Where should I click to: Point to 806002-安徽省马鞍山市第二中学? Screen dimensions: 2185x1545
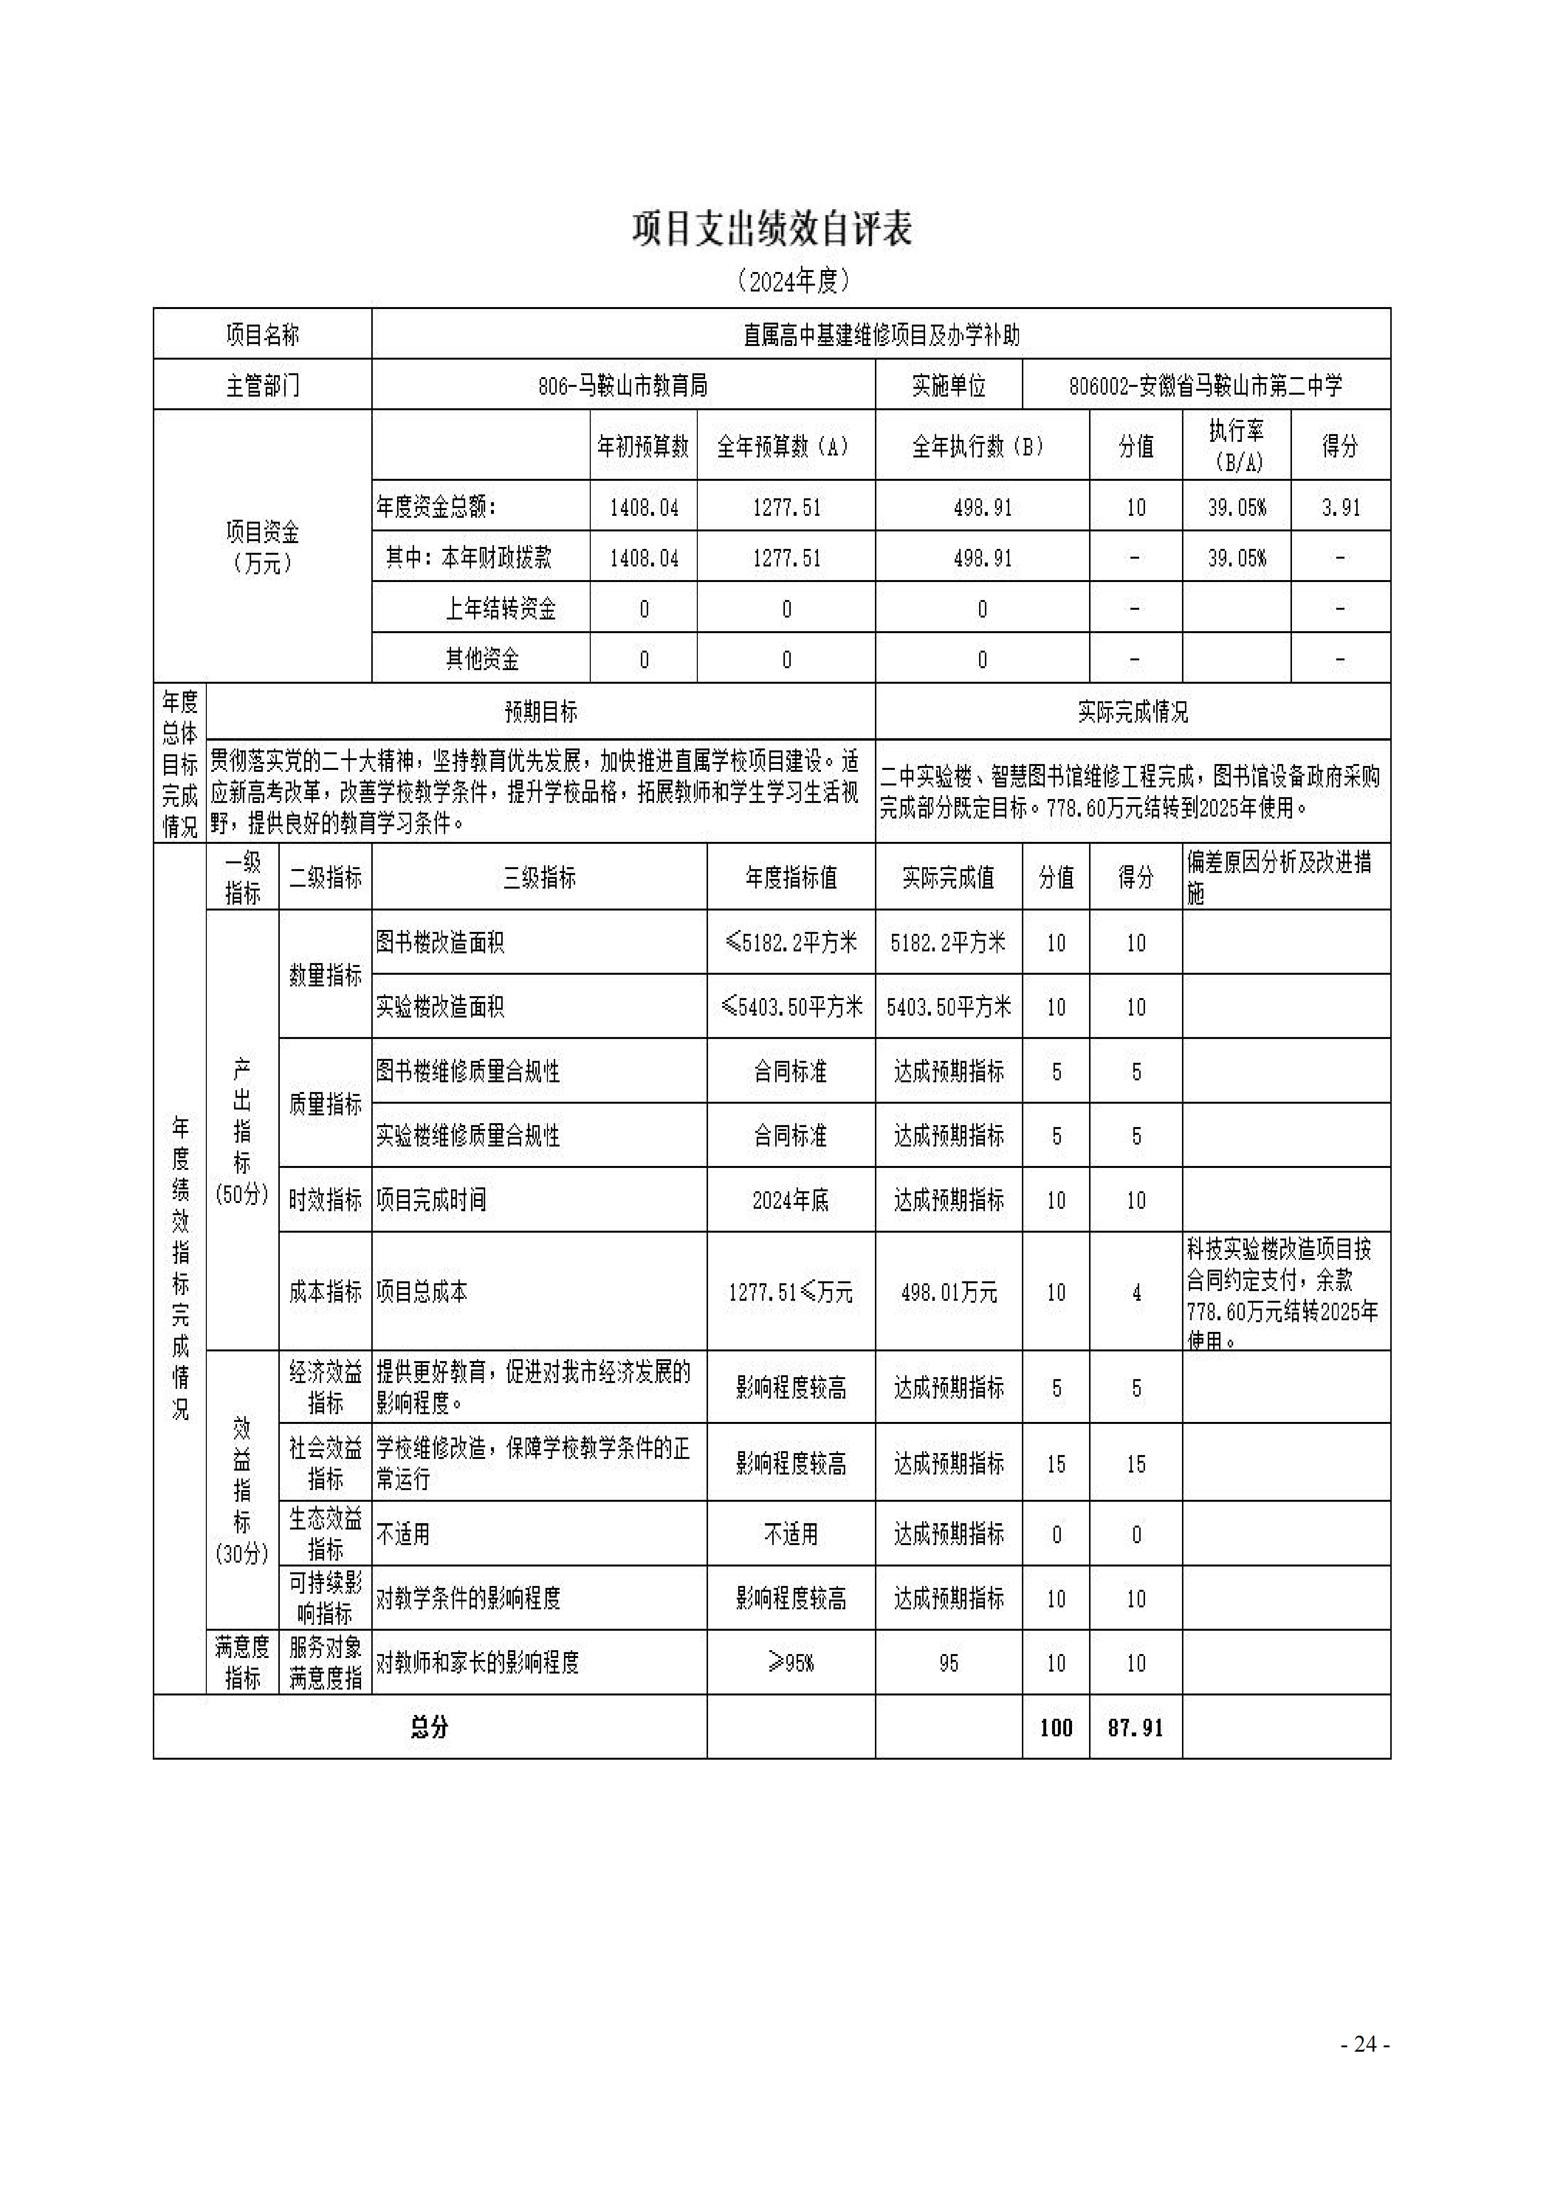1205,385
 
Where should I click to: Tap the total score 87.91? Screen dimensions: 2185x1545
1135,1727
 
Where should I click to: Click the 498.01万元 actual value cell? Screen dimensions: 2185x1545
948,1293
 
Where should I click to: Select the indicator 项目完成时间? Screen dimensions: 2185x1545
431,1200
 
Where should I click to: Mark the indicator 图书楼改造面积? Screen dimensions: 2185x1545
439,942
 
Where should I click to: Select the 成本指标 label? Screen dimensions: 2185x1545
326,1293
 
